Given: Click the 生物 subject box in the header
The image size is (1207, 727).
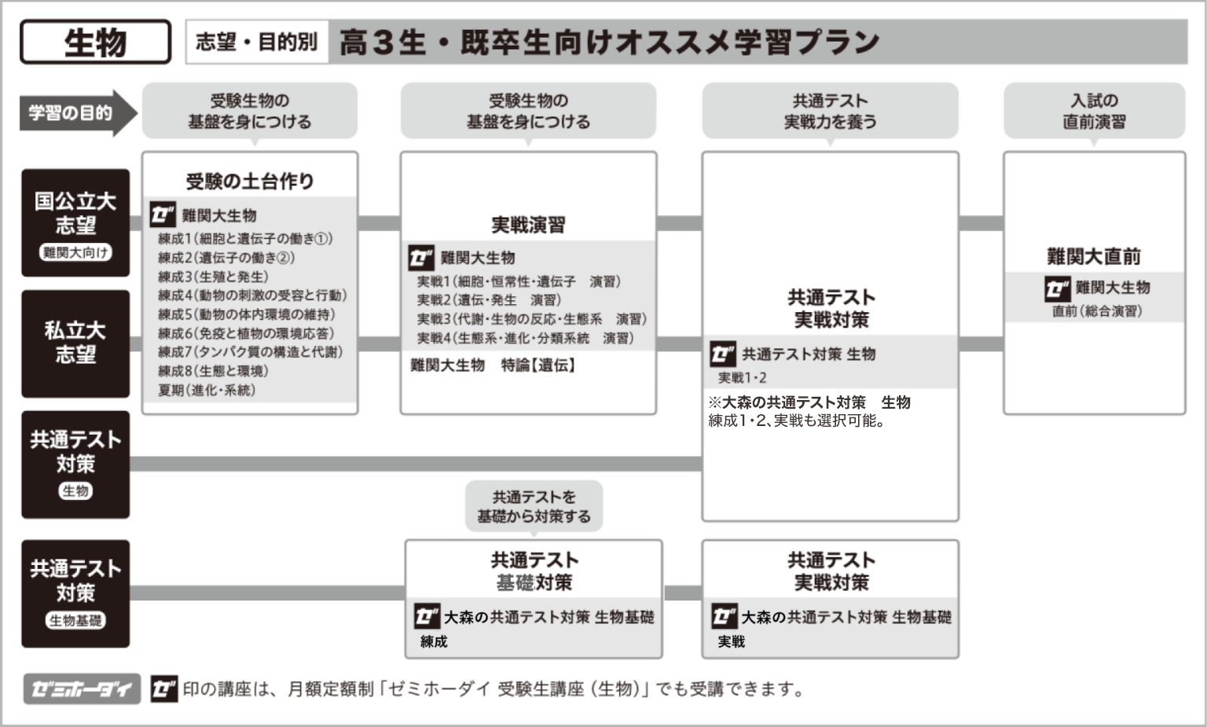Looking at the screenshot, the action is pos(95,42).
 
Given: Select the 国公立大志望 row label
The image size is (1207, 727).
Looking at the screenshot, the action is pos(75,222).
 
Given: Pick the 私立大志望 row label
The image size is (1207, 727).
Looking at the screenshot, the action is pos(75,343).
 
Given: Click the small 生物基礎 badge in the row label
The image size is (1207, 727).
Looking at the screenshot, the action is pos(75,620).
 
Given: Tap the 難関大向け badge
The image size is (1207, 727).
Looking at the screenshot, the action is pos(75,252).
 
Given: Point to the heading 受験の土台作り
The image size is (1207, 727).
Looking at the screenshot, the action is pos(249,181).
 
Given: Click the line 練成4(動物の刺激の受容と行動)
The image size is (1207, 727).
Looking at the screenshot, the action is pos(252,296).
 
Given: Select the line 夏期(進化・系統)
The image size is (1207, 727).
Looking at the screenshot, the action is pos(207,390).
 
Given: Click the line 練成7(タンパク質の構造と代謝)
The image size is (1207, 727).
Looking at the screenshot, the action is pos(251,352).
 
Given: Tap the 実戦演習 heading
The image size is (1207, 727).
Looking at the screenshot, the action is pos(528,225).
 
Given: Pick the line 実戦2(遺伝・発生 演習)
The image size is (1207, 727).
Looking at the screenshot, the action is pos(490,299).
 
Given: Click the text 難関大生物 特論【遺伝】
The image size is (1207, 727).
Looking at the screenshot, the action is pos(493,365).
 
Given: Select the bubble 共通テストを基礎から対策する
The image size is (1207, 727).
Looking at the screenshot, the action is pos(534,506).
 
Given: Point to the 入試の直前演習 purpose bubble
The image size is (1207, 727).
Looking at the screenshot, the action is pos(1095,111).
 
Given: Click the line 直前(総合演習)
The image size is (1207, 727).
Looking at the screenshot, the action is pos(1097,311).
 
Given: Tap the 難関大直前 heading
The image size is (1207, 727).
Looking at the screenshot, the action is pos(1094,256).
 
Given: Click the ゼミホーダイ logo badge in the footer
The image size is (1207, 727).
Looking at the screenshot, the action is pos(82,688).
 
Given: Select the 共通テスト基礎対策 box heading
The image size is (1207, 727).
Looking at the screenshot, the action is pos(534,571).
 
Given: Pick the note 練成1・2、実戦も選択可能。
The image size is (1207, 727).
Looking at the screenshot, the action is pos(797,420).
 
